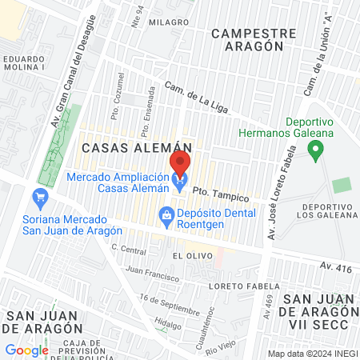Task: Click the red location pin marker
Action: (180, 164)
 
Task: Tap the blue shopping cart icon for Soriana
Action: (38, 196)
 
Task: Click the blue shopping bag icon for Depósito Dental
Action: (166, 214)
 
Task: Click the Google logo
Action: (26, 350)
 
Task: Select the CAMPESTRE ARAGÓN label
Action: (248, 40)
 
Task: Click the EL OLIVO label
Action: (190, 254)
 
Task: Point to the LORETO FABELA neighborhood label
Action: (242, 286)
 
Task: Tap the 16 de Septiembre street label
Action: (169, 304)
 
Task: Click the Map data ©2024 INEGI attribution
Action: (310, 354)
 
